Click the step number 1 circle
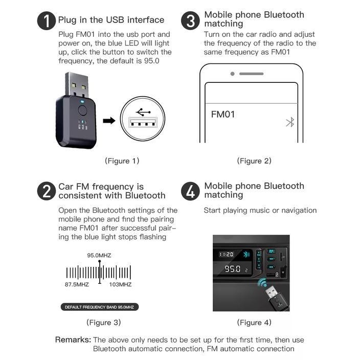click(x=47, y=21)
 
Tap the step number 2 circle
click(x=47, y=191)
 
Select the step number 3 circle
click(x=190, y=21)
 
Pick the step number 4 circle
click(x=190, y=191)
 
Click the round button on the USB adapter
click(x=83, y=109)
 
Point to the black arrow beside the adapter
click(x=108, y=121)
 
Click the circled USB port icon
click(x=143, y=119)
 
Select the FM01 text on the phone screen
click(x=223, y=114)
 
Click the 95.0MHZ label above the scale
click(x=99, y=255)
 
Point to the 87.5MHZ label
click(x=77, y=284)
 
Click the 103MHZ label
click(x=120, y=284)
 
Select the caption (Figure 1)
click(x=122, y=161)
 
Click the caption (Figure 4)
click(x=254, y=322)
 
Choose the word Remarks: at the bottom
click(x=73, y=340)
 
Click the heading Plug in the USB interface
click(x=111, y=20)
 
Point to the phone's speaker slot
click(x=252, y=74)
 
